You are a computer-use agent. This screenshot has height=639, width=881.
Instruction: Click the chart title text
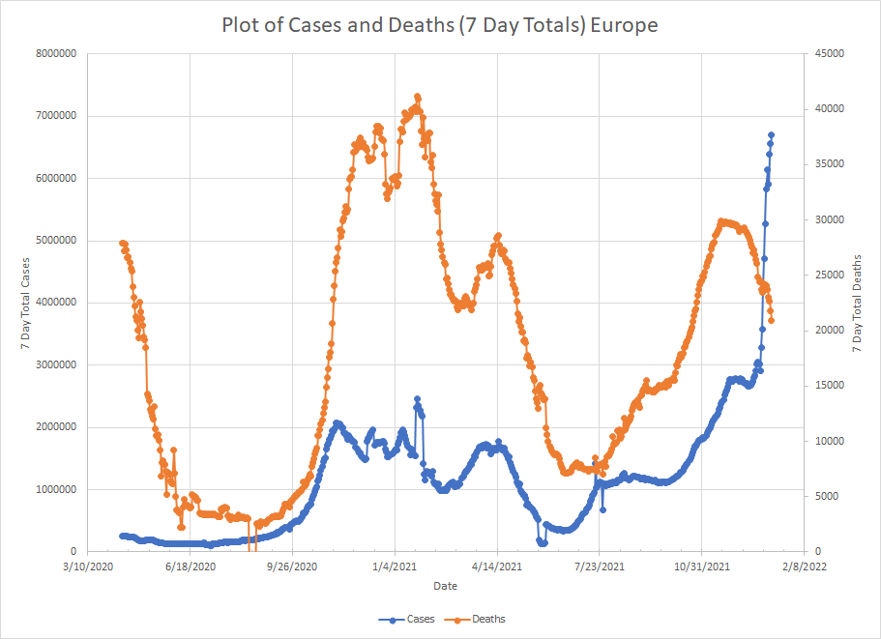(x=440, y=24)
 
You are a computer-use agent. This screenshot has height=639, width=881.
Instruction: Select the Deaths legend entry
(x=480, y=619)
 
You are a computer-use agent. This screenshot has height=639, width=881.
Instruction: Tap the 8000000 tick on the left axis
(x=53, y=54)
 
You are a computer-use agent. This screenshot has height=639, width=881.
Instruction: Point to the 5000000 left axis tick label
(x=53, y=241)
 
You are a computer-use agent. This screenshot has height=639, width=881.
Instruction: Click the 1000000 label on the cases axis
(x=53, y=489)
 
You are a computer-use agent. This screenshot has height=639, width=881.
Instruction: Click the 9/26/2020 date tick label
(x=292, y=566)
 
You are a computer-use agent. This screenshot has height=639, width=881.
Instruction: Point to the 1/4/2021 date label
(x=395, y=566)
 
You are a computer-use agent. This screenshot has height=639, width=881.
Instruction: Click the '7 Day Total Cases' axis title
(x=14, y=303)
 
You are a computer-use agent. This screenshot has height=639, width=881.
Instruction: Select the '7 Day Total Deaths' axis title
(x=858, y=303)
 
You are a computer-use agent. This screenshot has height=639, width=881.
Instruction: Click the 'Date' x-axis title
(x=445, y=586)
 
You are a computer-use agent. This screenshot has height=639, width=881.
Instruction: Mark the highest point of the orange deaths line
(x=418, y=97)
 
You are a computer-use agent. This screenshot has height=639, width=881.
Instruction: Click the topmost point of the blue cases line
(x=772, y=135)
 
